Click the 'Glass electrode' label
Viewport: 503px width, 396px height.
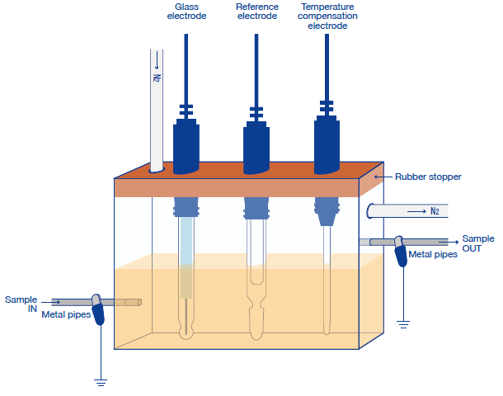(x=186, y=12)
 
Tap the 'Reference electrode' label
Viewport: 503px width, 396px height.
(x=256, y=12)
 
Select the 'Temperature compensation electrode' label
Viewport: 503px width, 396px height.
(x=327, y=16)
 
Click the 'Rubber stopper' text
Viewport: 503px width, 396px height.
(x=428, y=177)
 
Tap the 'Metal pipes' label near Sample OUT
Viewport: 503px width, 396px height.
(x=433, y=255)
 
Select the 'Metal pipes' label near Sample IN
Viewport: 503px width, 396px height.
(x=65, y=315)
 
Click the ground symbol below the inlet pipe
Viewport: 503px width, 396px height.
(x=100, y=381)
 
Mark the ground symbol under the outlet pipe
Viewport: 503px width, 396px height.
(x=403, y=323)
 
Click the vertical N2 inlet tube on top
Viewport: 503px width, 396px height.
(x=156, y=107)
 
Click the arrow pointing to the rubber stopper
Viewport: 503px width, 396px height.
(x=380, y=177)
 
